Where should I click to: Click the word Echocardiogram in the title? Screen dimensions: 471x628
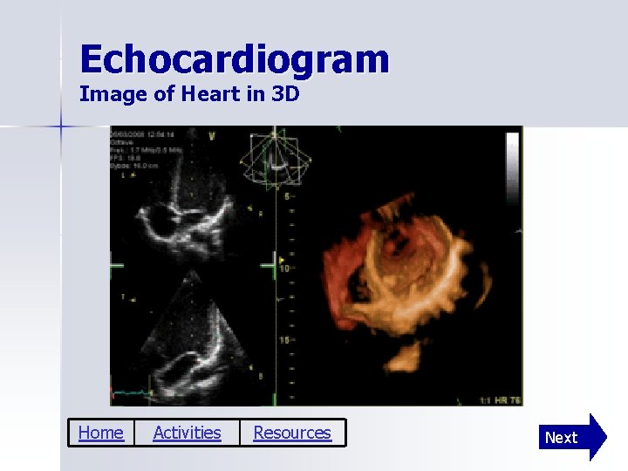[x=234, y=59]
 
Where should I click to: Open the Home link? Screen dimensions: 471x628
[x=100, y=433]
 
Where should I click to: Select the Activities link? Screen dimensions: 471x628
[x=187, y=433]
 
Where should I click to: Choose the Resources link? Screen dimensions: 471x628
[x=292, y=433]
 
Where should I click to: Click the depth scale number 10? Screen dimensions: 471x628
[x=284, y=269]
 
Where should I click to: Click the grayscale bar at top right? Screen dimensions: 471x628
[x=512, y=158]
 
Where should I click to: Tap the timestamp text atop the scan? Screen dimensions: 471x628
[x=144, y=133]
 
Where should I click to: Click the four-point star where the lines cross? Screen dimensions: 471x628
[x=60, y=126]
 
